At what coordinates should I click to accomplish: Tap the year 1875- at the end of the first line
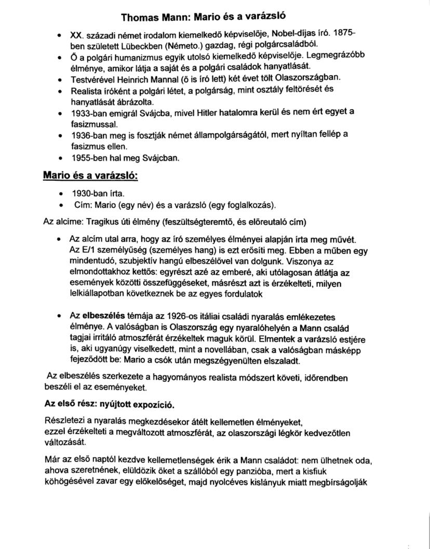(344, 35)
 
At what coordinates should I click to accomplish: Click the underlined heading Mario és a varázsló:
(90, 177)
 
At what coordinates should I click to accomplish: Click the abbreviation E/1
(86, 250)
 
